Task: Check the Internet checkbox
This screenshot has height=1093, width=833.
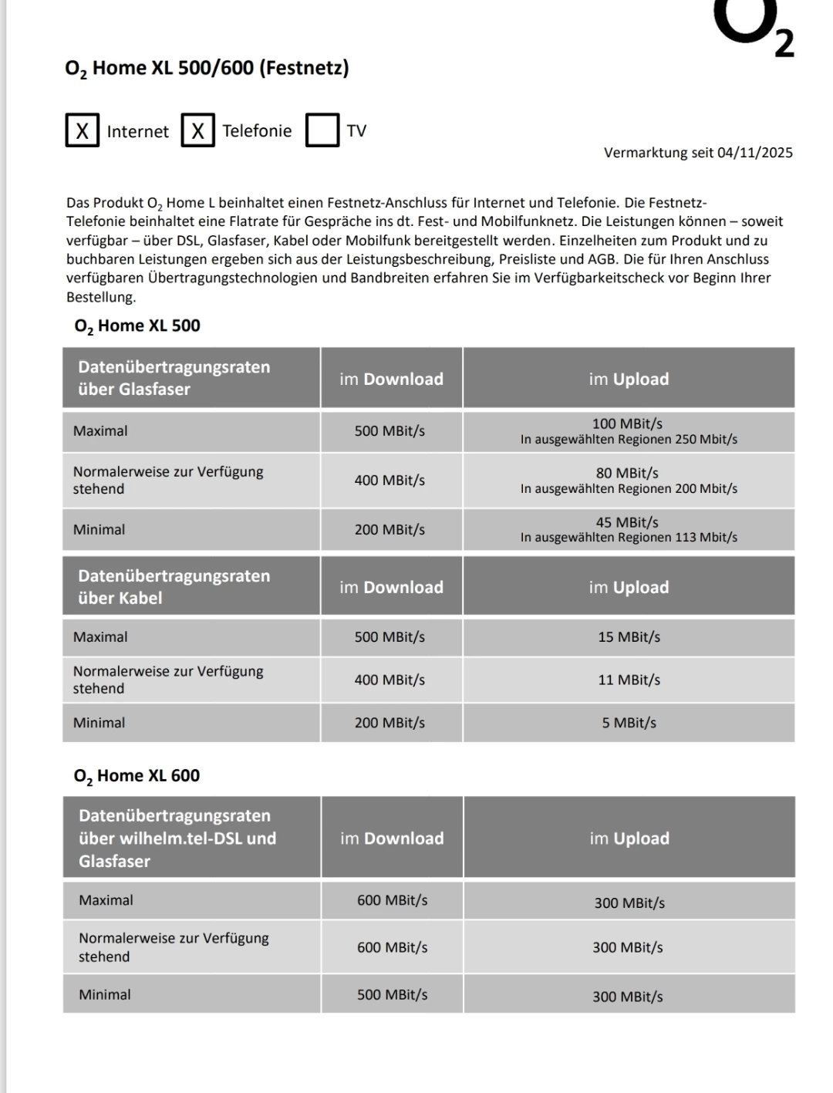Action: pyautogui.click(x=83, y=130)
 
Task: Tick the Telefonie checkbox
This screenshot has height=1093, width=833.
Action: pyautogui.click(x=198, y=130)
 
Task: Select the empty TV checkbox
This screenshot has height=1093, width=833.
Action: pyautogui.click(x=322, y=130)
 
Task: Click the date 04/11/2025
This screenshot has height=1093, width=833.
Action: pyautogui.click(x=754, y=153)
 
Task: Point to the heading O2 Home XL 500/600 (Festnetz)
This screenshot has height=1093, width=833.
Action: pyautogui.click(x=207, y=69)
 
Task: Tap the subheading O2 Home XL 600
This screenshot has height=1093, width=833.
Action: pyautogui.click(x=137, y=776)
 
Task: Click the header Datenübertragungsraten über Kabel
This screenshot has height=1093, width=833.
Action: pyautogui.click(x=174, y=587)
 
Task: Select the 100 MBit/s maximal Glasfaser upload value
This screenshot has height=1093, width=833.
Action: pyautogui.click(x=627, y=423)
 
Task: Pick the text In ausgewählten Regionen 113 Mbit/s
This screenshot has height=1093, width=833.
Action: pyautogui.click(x=629, y=538)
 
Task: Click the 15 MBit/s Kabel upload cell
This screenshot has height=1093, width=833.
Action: pyautogui.click(x=629, y=637)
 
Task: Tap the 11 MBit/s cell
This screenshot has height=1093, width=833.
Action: pyautogui.click(x=629, y=680)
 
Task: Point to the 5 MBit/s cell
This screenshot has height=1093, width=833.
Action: pyautogui.click(x=629, y=723)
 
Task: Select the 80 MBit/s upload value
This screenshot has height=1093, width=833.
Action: pyautogui.click(x=627, y=473)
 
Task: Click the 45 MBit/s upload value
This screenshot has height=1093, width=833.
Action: pyautogui.click(x=627, y=522)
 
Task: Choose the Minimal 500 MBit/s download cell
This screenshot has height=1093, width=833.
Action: pyautogui.click(x=392, y=995)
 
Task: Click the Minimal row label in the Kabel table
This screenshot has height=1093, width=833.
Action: pyautogui.click(x=99, y=723)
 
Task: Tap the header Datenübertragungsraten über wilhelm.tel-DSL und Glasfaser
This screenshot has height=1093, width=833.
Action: pyautogui.click(x=177, y=838)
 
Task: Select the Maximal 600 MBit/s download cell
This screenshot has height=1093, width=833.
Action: pyautogui.click(x=392, y=900)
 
